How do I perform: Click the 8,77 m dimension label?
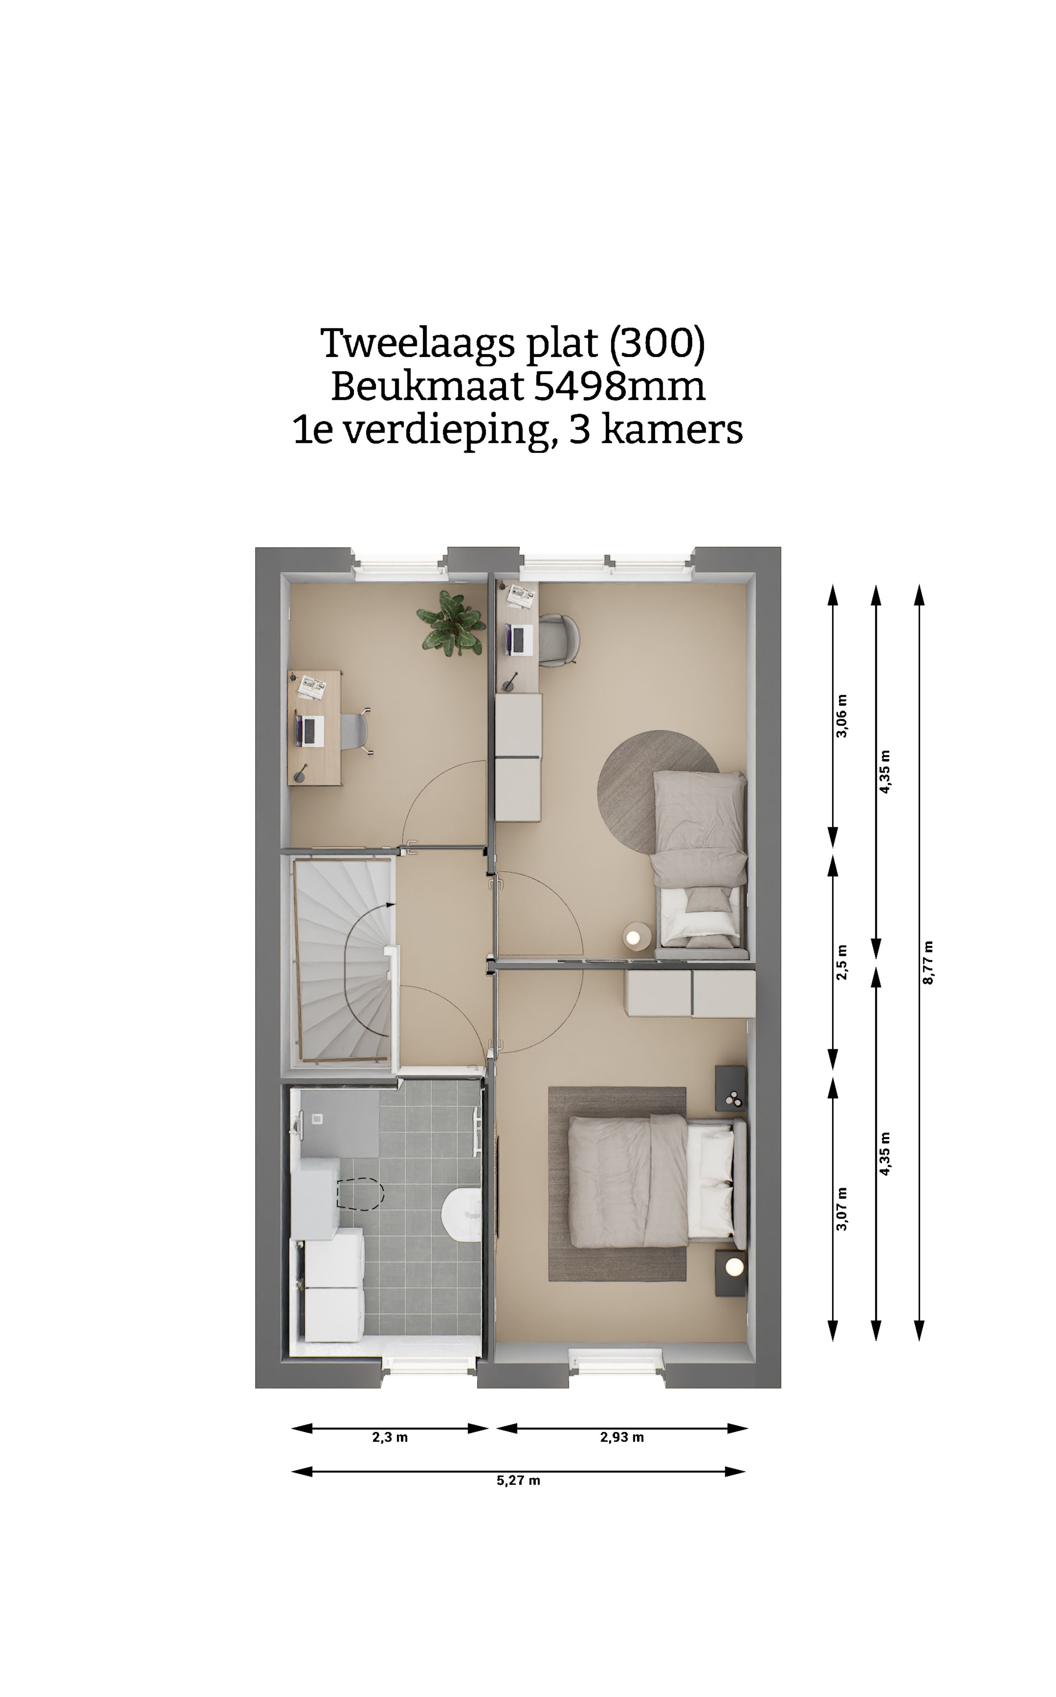coord(928,963)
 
